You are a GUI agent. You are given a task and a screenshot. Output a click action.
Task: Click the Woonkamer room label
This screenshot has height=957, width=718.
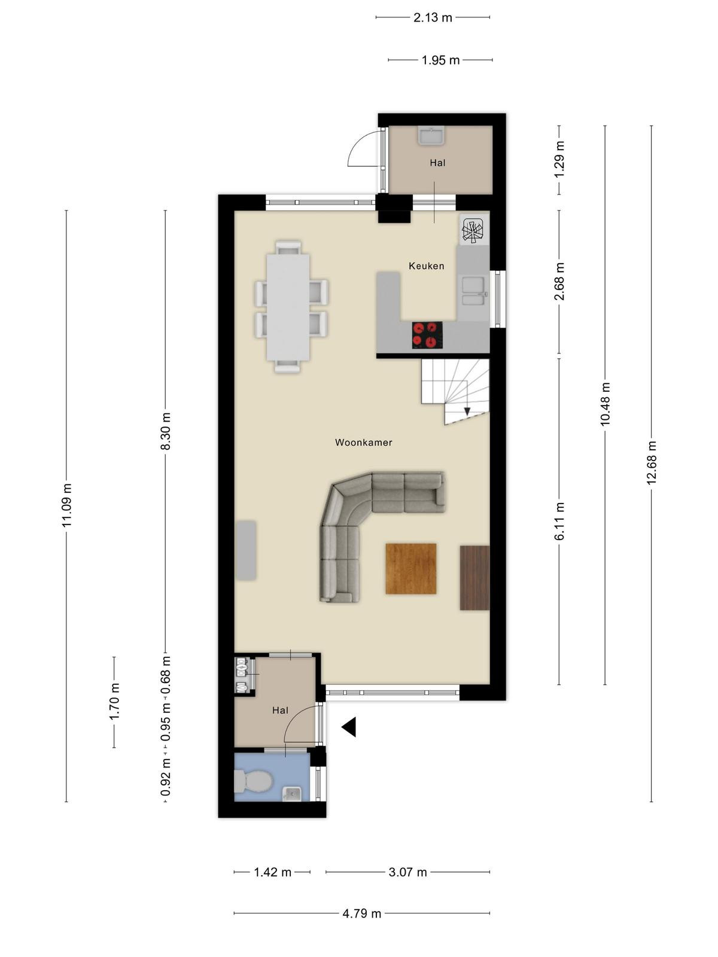click(x=364, y=442)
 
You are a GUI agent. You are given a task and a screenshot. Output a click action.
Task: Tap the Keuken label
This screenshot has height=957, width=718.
click(x=427, y=266)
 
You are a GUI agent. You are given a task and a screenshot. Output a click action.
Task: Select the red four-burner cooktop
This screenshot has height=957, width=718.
click(x=427, y=335)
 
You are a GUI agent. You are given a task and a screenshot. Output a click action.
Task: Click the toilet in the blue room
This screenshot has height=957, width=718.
click(x=253, y=781)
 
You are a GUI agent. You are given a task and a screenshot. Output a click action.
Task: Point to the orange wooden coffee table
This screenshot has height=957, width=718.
click(x=411, y=569)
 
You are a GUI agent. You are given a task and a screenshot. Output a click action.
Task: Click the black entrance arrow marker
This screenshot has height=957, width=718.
click(x=349, y=727)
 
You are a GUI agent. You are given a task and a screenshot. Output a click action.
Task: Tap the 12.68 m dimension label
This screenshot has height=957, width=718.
click(x=652, y=463)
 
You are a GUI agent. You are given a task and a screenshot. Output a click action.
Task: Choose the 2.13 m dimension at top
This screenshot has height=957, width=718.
click(x=433, y=17)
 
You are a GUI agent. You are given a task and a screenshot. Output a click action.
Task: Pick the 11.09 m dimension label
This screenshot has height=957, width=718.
click(x=66, y=505)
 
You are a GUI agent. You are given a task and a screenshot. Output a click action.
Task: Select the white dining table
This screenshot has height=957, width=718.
click(x=288, y=307)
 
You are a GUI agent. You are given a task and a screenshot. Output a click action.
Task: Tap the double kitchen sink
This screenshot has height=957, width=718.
click(x=473, y=291)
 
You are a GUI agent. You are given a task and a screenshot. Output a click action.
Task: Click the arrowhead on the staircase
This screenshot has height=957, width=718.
click(x=467, y=411)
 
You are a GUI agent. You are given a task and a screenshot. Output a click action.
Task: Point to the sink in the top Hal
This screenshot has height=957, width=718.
click(x=431, y=135)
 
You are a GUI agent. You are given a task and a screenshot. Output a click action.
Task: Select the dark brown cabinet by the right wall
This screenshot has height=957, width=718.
click(x=474, y=577)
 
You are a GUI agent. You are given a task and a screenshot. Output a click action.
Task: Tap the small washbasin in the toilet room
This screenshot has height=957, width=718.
click(x=291, y=794)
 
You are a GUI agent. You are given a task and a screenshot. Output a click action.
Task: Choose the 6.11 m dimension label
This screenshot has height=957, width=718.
click(x=559, y=521)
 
